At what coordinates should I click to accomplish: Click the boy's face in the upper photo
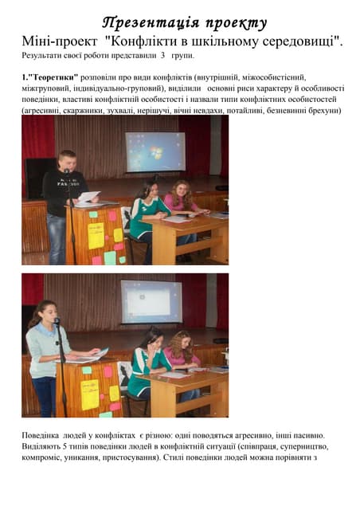pos(68,160)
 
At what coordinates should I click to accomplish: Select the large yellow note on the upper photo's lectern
pos(96,235)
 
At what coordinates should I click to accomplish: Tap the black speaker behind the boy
pos(37,175)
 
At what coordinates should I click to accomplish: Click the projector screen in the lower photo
pos(151,300)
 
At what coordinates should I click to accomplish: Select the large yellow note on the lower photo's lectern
pos(90,393)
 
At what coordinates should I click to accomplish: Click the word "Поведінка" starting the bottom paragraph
pos(45,435)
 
